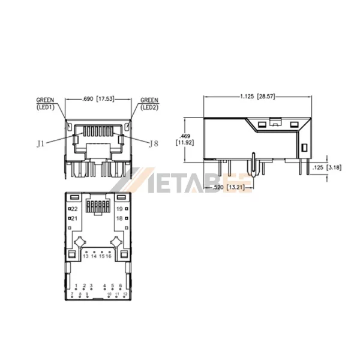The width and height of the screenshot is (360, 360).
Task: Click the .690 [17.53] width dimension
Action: pyautogui.click(x=97, y=99)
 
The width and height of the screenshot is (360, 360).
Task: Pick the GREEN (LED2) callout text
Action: pyautogui.click(x=149, y=104)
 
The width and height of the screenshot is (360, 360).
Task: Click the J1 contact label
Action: pyautogui.click(x=40, y=143)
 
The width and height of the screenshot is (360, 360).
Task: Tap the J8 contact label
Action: pyautogui.click(x=154, y=143)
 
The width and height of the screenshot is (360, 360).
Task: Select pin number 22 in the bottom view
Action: pyautogui.click(x=74, y=208)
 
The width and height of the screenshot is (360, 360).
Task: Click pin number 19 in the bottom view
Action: pyautogui.click(x=119, y=208)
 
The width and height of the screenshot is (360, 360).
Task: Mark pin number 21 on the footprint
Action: pyautogui.click(x=74, y=218)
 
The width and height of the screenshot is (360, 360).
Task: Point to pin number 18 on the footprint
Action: pyautogui.click(x=119, y=218)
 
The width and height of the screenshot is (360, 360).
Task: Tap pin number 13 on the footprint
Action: pyautogui.click(x=86, y=256)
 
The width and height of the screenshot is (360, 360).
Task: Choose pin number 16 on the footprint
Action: pyautogui.click(x=109, y=256)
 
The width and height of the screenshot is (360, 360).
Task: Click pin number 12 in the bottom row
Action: pyautogui.click(x=125, y=294)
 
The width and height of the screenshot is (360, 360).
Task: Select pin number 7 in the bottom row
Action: pyautogui.click(x=72, y=294)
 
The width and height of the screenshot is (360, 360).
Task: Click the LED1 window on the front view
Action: pyautogui.click(x=70, y=128)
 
